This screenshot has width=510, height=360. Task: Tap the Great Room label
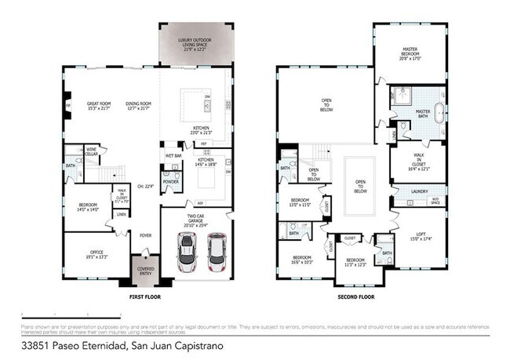coord(99,105)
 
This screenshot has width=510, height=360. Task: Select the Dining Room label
coord(138,105)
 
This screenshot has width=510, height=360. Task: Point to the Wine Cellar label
coord(92,151)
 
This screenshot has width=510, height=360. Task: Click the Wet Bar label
coord(173,156)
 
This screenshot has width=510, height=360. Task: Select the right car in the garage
coord(216,252)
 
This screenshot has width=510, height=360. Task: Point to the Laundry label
coord(418,191)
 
